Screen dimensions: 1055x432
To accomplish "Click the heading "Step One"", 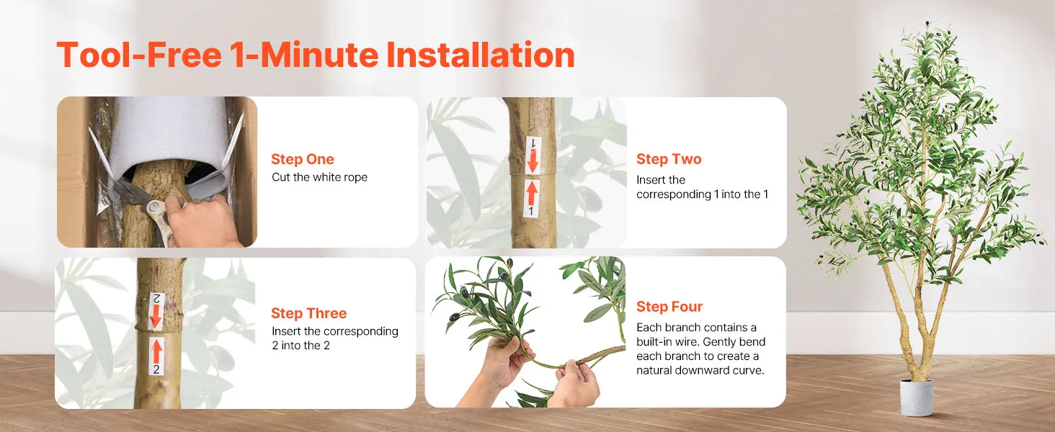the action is pos(303,159).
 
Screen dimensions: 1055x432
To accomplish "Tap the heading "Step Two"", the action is pos(669,159).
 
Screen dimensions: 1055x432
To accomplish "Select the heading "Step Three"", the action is pos(308,313).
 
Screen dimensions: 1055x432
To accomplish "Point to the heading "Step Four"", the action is pos(669,307).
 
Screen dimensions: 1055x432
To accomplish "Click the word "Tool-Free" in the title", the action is pos(139,55).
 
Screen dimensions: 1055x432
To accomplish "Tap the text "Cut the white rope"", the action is pos(319,177).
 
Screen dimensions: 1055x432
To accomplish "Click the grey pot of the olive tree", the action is pos(916,397).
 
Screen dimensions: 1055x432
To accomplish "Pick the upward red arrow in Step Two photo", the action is pos(532,193).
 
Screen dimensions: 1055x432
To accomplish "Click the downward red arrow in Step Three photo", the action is pos(156,316).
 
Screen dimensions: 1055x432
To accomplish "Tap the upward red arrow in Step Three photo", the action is pos(157,351).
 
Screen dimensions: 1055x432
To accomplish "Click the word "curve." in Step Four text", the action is pos(748,370).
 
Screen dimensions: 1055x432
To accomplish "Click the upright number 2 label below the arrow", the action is pos(156,369).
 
